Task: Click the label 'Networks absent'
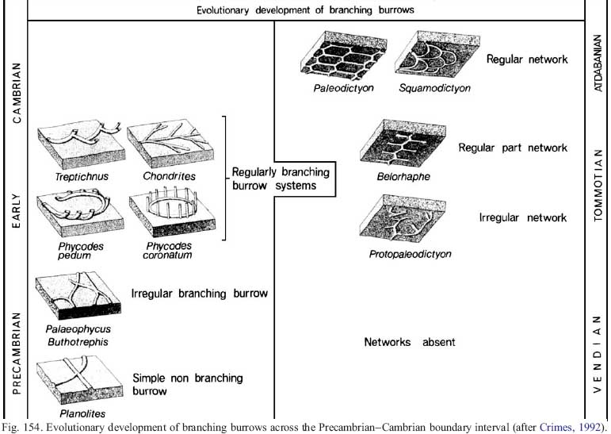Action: pos(410,342)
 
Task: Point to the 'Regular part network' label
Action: pos(513,148)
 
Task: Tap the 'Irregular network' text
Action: pos(523,217)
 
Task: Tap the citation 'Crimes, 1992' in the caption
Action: pos(569,427)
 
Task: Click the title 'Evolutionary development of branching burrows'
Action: pos(305,10)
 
